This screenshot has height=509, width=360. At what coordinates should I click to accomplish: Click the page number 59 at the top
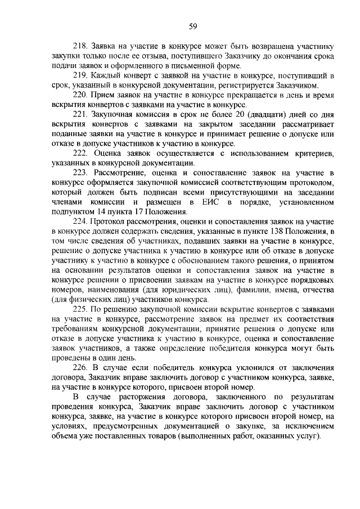[193, 26]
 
